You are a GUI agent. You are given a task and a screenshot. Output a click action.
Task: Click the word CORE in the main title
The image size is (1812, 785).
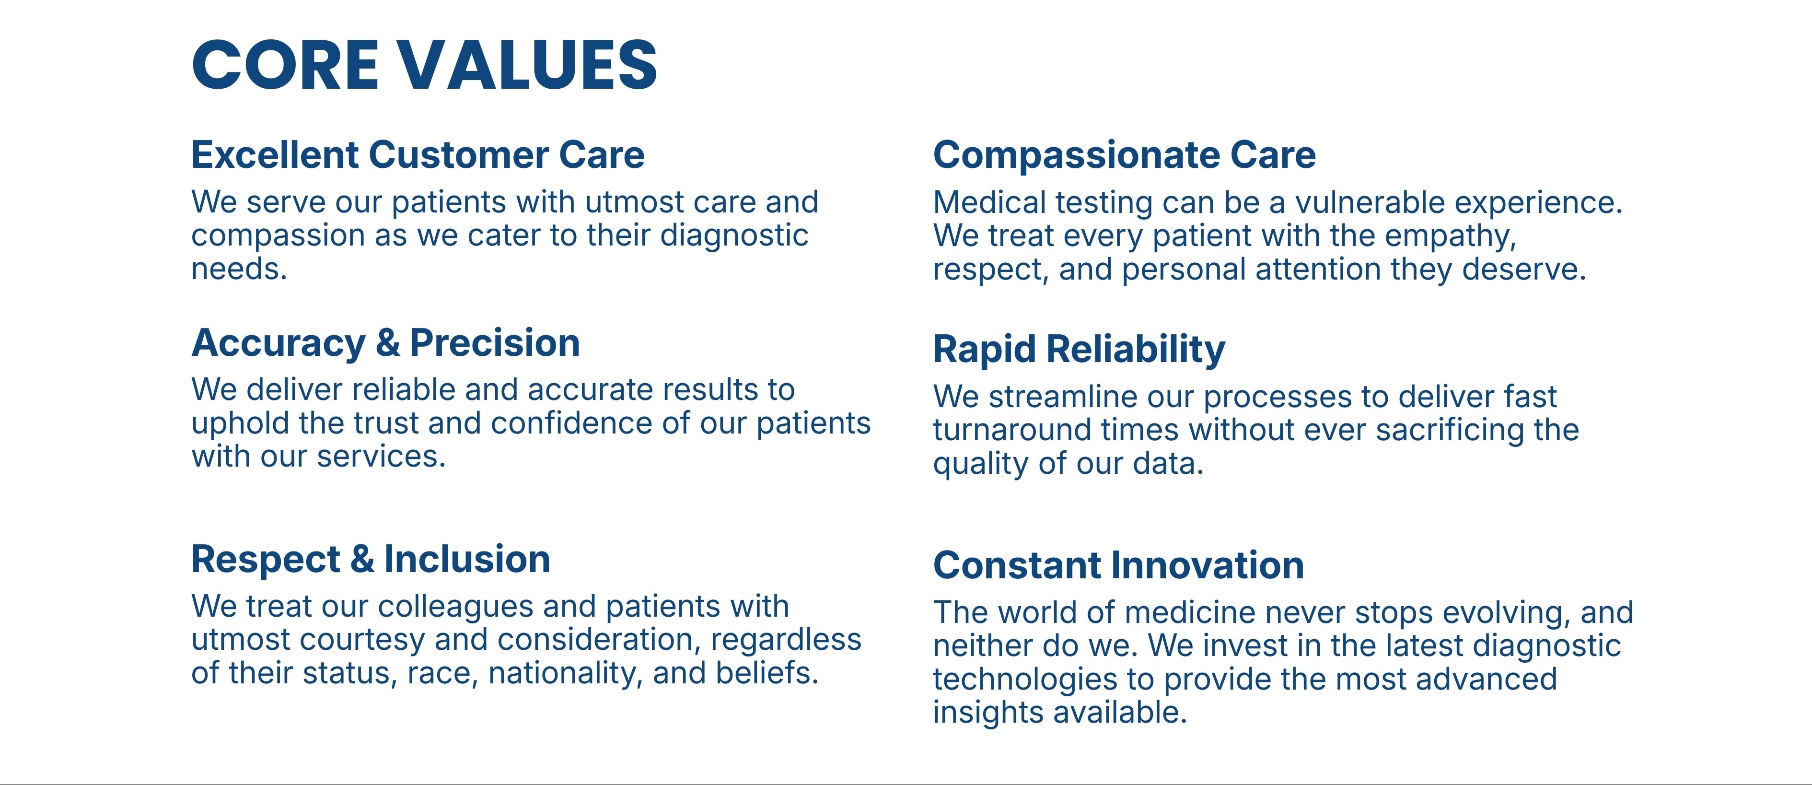(x=286, y=65)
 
